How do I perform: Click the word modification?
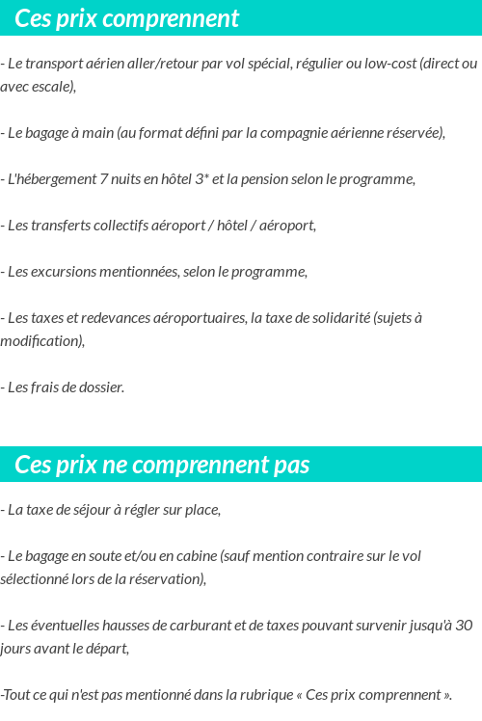tap(40, 341)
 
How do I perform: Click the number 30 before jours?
tap(463, 626)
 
